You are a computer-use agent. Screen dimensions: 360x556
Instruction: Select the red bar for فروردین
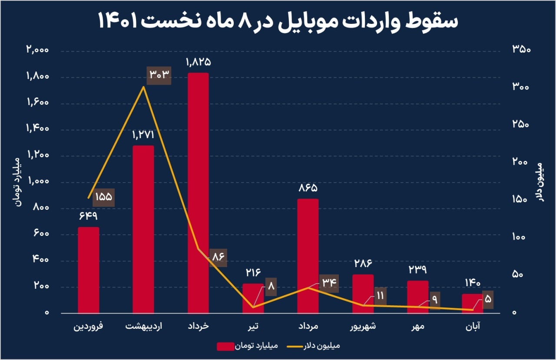click(88, 269)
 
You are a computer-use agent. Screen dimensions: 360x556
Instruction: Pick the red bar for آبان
click(472, 303)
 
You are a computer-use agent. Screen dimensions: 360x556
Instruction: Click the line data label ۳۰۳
click(159, 75)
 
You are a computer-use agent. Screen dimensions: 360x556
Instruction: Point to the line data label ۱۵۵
click(103, 197)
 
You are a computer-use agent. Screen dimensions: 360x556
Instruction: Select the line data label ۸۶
click(218, 257)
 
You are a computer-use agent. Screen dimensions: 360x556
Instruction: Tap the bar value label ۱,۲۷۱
click(143, 135)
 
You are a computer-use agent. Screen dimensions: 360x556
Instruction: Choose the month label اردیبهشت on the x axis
click(143, 326)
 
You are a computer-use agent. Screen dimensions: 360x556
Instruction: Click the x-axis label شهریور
click(363, 326)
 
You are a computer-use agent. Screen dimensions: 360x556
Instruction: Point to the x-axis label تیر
click(253, 326)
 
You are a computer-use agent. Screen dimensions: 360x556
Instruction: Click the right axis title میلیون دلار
click(540, 182)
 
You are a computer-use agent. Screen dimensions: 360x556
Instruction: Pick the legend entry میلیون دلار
click(321, 346)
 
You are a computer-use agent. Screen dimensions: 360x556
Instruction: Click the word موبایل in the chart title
click(306, 22)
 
